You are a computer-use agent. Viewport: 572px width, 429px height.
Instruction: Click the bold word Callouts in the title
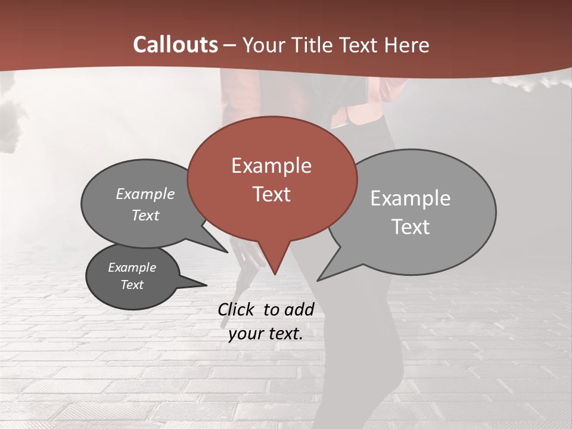coord(176,45)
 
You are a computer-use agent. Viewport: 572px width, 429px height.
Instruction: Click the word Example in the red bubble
coord(271,166)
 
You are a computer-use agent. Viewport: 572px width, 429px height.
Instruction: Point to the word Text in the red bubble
coord(271,194)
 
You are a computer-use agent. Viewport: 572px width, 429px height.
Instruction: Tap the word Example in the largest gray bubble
coord(410,198)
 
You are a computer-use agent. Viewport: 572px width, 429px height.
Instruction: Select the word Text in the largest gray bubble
coord(411,227)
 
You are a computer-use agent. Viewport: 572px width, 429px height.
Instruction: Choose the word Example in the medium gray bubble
coord(145,194)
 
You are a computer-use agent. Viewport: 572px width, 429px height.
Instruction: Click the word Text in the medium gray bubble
coord(145,216)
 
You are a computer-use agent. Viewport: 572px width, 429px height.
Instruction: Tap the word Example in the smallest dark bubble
coord(132,268)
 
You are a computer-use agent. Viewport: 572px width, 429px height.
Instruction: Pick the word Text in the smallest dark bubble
coord(132,285)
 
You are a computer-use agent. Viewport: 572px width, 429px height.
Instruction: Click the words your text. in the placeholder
coord(266,334)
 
